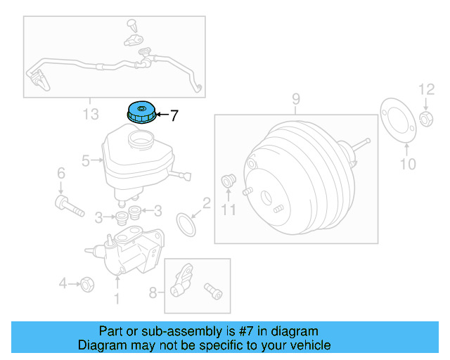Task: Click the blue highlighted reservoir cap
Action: tap(141, 112)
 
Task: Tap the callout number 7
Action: tap(174, 114)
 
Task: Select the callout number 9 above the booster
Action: tap(296, 98)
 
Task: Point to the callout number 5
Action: tap(86, 160)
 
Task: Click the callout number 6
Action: tap(60, 173)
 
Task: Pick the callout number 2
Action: tap(207, 204)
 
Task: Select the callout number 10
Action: tap(408, 165)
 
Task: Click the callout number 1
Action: tap(117, 300)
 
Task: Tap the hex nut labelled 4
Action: tap(87, 283)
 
